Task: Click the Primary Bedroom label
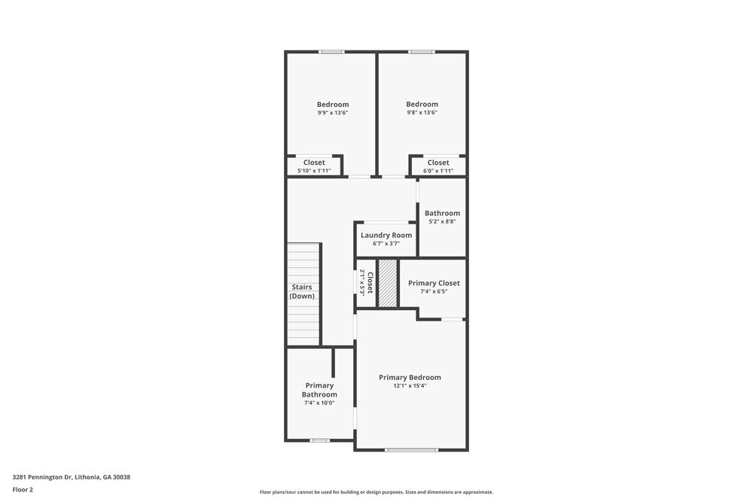click(x=410, y=377)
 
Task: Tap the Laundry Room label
click(x=386, y=235)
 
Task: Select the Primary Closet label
click(x=434, y=283)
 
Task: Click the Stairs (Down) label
click(x=303, y=291)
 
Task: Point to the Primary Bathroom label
click(x=319, y=390)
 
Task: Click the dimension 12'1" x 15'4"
click(x=410, y=386)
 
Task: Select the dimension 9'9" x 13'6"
click(x=333, y=113)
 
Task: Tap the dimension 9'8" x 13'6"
click(x=422, y=113)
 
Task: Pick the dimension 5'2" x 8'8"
click(x=442, y=221)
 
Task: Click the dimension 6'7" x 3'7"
click(x=386, y=244)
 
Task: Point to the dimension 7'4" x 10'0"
click(x=319, y=403)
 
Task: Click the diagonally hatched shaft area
click(x=388, y=283)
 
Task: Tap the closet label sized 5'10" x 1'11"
click(x=314, y=163)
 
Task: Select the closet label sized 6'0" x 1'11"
click(x=438, y=163)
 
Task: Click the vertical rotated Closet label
click(x=370, y=282)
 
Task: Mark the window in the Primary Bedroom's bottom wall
click(x=411, y=450)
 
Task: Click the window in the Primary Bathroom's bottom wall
click(x=320, y=440)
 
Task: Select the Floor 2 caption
click(x=23, y=489)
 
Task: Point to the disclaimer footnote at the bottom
click(x=376, y=492)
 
